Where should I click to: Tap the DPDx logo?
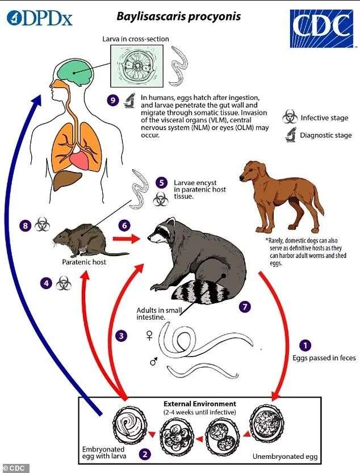pos(40,18)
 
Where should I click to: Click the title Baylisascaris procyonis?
pos(179,16)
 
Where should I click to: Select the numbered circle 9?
pos(112,100)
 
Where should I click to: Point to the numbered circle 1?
pos(305,345)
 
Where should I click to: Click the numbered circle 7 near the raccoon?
pos(245,307)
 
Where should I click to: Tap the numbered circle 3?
pos(122,336)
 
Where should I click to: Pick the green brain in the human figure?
pos(74,73)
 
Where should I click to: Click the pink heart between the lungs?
pos(79,161)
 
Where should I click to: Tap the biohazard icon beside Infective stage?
pos(290,117)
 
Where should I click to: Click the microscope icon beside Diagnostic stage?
pos(291,135)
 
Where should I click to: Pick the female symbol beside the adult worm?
pos(149,335)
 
